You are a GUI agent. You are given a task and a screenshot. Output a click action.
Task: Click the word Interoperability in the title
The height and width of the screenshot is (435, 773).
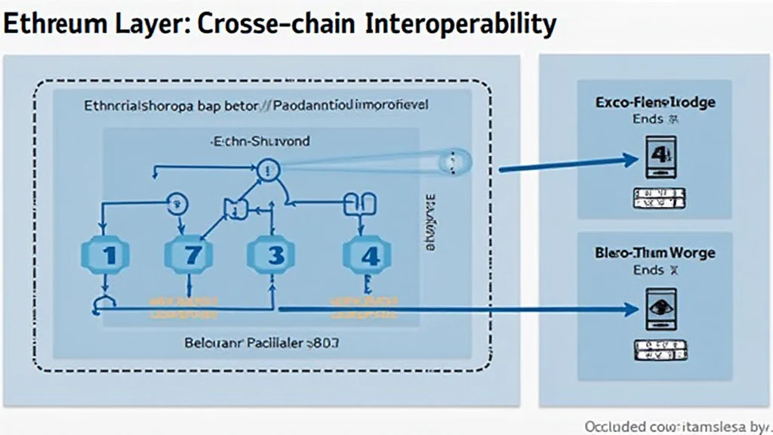pos(460,25)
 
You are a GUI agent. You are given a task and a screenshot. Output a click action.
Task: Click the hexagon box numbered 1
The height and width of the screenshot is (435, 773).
pos(108,255)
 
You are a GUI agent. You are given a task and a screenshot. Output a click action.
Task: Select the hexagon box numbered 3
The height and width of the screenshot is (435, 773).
pos(272,255)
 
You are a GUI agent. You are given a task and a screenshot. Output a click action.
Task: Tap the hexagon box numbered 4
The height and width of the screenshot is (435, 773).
pos(368,255)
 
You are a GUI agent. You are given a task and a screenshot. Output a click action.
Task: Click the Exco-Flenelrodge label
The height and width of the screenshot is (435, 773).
pos(654,102)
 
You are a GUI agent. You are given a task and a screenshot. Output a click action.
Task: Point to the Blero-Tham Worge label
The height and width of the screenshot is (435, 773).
pos(654,253)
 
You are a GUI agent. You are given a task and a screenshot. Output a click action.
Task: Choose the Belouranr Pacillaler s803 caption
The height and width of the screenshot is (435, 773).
pos(262,341)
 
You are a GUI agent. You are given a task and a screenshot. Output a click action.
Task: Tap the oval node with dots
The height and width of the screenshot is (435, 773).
pos(454,160)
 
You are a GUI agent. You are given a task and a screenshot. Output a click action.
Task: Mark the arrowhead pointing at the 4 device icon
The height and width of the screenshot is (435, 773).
pos(633,159)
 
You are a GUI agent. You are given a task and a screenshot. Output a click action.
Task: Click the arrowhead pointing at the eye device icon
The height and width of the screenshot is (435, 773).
pos(633,310)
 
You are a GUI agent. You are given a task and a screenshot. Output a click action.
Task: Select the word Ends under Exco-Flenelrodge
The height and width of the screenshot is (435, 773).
pos(647,119)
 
